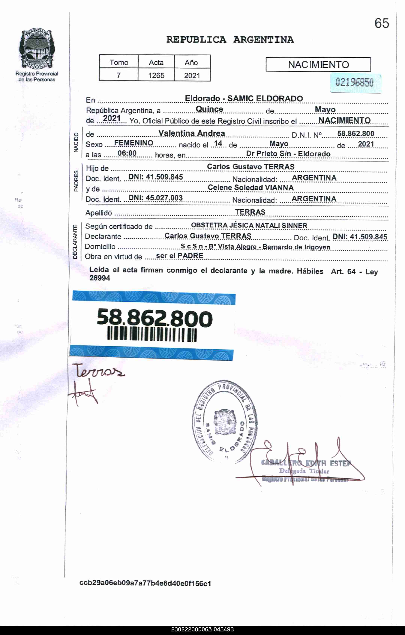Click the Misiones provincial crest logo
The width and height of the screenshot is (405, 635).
37,49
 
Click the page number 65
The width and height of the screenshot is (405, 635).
382,23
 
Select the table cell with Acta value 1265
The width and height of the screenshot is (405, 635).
156,76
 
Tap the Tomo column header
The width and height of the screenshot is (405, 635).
119,63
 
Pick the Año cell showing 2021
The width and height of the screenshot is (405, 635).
192,76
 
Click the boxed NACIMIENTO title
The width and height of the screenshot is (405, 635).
318,65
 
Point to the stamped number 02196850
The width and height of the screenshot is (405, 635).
354,82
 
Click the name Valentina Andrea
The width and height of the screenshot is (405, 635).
191,133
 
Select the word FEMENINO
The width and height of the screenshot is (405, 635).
133,143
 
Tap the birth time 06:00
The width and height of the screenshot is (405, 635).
127,153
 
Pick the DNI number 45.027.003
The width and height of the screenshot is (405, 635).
155,198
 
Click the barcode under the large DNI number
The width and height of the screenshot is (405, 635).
152,334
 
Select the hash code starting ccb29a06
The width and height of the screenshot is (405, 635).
145,583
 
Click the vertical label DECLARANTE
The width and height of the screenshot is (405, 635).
75,242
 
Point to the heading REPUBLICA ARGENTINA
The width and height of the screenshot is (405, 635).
230,40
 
